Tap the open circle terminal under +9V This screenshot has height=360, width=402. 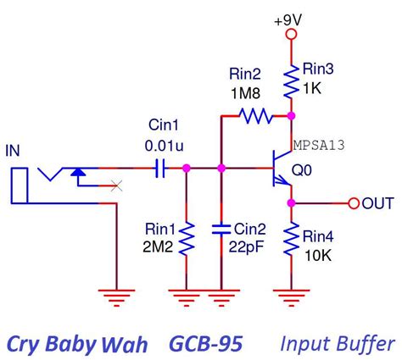pyautogui.click(x=291, y=35)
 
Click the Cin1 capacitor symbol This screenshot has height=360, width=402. pyautogui.click(x=159, y=169)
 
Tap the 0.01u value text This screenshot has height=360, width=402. pyautogui.click(x=160, y=145)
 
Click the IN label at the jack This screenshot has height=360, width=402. pyautogui.click(x=14, y=152)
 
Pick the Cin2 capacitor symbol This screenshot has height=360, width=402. pyautogui.click(x=221, y=228)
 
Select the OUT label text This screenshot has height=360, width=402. pyautogui.click(x=377, y=203)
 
